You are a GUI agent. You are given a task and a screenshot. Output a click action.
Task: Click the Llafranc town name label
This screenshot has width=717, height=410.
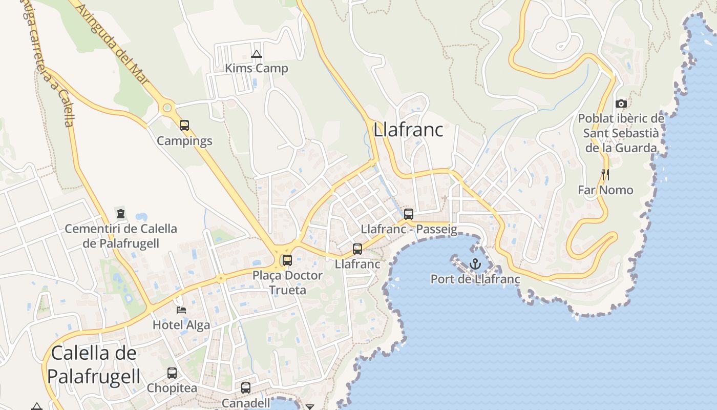(x=408, y=130)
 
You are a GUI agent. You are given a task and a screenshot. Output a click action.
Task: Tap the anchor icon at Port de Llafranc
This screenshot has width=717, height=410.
(x=475, y=264)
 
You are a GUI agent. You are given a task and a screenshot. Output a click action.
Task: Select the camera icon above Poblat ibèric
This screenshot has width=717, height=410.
(x=621, y=104)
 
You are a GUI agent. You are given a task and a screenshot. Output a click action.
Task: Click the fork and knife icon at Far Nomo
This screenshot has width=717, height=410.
(x=605, y=175)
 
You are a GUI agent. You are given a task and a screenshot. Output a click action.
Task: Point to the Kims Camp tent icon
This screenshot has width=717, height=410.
(x=257, y=54)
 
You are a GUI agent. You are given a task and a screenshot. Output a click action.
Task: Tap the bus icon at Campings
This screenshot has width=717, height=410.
(x=184, y=126)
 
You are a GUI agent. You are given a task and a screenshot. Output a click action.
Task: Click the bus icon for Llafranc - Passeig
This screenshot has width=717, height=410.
(x=408, y=214)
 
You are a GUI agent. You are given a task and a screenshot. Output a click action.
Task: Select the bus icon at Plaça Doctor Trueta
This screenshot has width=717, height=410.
(x=287, y=260)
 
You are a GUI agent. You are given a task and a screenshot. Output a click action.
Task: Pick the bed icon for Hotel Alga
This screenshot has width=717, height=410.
(x=181, y=310)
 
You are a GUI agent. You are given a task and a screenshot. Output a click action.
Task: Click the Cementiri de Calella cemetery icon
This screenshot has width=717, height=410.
(x=121, y=213)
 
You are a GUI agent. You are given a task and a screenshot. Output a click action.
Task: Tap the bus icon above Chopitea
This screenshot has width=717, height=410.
(x=172, y=373)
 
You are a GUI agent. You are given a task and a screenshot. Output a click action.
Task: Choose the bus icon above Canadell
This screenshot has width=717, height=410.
(x=246, y=388)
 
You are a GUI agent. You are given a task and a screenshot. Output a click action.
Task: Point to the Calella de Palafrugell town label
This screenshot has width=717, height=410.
(x=94, y=364)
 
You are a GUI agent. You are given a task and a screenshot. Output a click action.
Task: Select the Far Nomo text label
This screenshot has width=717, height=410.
(x=605, y=190)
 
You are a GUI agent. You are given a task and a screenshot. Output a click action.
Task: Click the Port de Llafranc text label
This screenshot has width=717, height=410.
(x=475, y=279)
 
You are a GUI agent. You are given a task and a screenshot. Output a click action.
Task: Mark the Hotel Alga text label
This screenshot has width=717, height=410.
(x=181, y=325)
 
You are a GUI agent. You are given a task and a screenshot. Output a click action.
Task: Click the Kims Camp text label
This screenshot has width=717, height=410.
(x=257, y=68)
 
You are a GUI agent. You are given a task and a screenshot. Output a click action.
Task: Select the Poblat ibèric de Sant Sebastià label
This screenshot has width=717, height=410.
(x=621, y=133)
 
